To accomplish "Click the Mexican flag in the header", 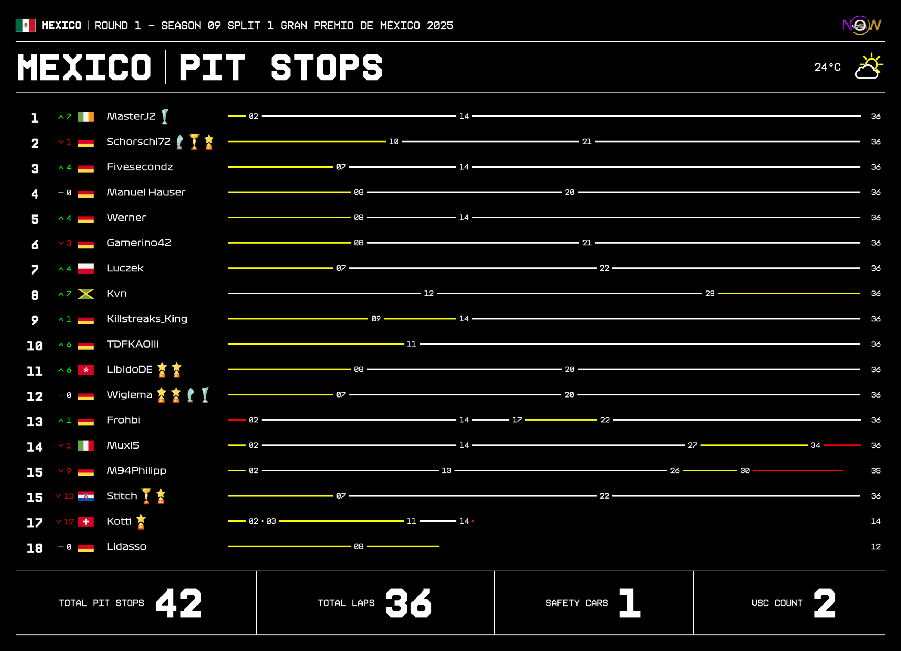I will pyautogui.click(x=25, y=25).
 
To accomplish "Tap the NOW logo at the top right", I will pyautogui.click(x=861, y=25).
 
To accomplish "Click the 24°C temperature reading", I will pyautogui.click(x=827, y=67).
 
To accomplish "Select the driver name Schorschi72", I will pyautogui.click(x=139, y=142).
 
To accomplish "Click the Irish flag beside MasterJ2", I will pyautogui.click(x=86, y=117).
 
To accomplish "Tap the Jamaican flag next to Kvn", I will pyautogui.click(x=86, y=294).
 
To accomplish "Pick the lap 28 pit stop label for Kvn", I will pyautogui.click(x=710, y=294).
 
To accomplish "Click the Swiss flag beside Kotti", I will pyautogui.click(x=86, y=521).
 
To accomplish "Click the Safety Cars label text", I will pyautogui.click(x=576, y=603).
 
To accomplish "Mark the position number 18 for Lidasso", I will pyautogui.click(x=34, y=548).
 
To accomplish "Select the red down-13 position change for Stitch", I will pyautogui.click(x=65, y=496).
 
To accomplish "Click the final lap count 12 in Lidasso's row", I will pyautogui.click(x=876, y=547).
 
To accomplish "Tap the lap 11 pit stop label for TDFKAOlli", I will pyautogui.click(x=411, y=344).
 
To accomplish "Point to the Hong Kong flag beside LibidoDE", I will pyautogui.click(x=86, y=370).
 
